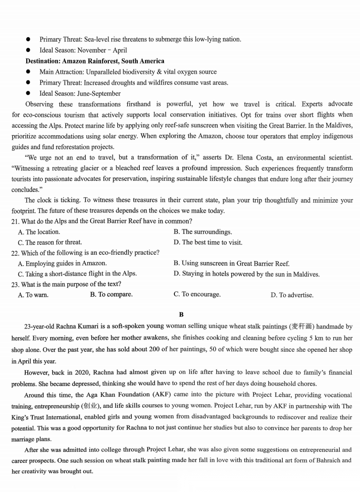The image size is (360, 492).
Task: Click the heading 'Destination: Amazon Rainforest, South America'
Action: [95, 61]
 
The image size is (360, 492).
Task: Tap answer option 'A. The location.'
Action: [39, 232]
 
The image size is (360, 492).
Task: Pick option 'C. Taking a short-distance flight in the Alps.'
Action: [77, 273]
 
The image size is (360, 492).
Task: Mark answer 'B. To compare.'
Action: [111, 294]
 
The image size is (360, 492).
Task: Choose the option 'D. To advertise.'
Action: [292, 295]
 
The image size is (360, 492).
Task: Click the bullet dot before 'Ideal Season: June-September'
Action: [29, 93]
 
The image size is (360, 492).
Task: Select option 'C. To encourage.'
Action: [197, 294]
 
